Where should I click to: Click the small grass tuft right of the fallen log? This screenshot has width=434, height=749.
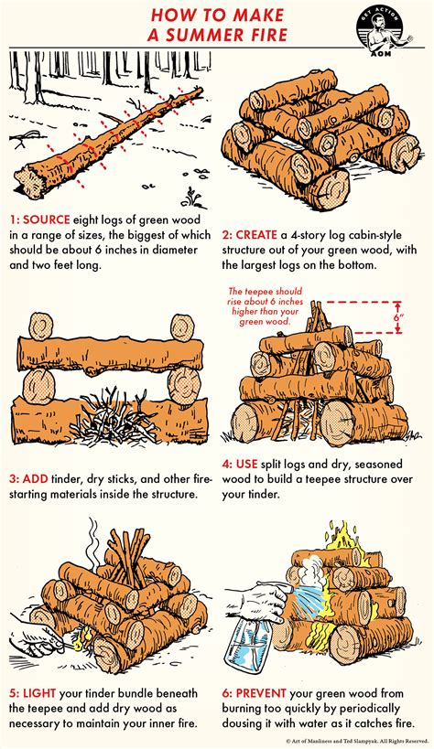pyautogui.click(x=190, y=196)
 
